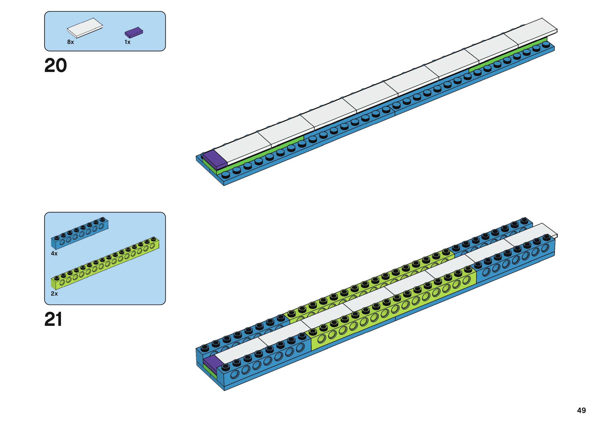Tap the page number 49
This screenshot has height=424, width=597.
pos(581,410)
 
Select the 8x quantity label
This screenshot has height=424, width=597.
pos(70,42)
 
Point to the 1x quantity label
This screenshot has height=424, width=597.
pos(127,42)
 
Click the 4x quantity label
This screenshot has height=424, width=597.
pos(54,253)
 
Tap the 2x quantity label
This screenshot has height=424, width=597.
pos(54,294)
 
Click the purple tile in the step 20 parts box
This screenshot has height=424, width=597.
pos(133,32)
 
